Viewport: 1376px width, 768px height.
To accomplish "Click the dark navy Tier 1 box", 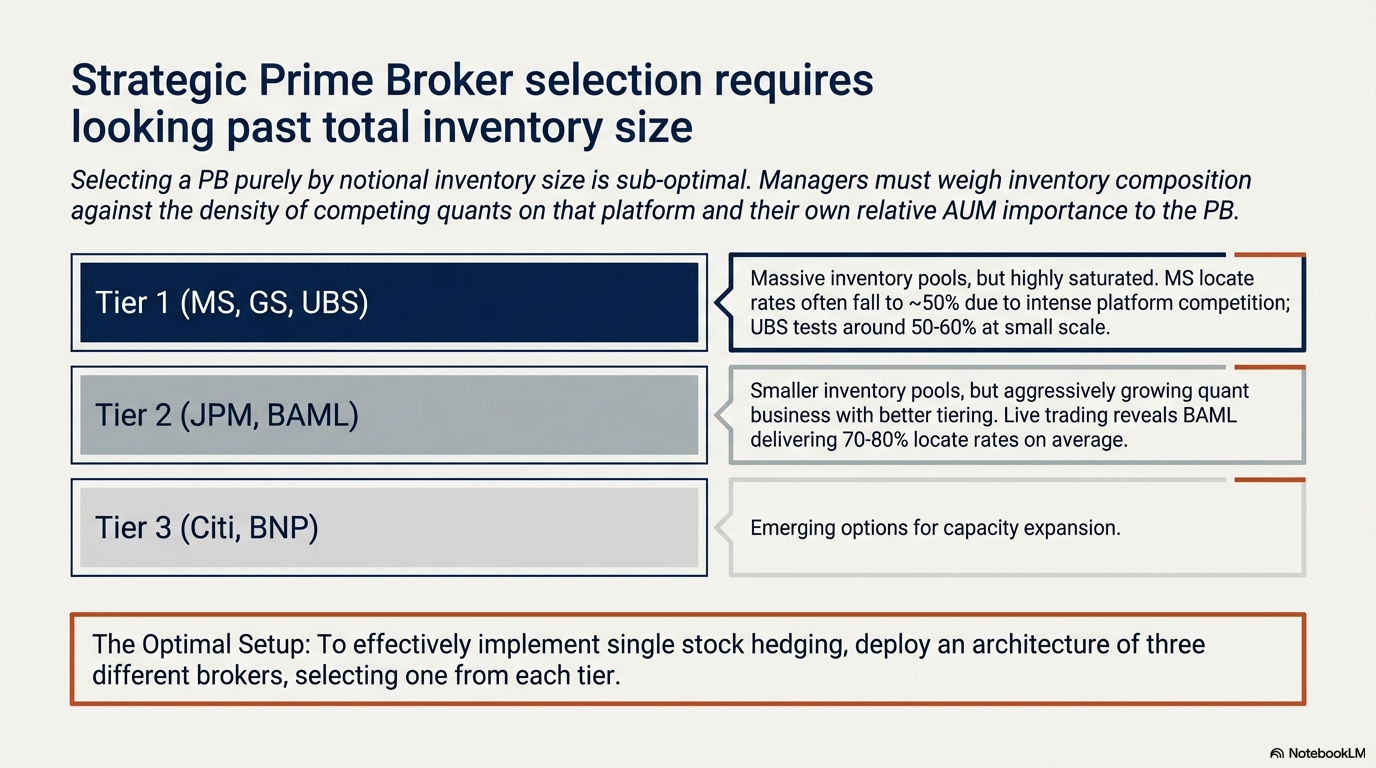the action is [x=389, y=302].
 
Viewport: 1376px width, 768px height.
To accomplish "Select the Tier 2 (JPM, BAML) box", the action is [x=389, y=415].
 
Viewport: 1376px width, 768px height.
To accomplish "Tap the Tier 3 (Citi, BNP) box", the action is [x=389, y=527].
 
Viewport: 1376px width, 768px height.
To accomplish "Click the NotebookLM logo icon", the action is [x=1277, y=753].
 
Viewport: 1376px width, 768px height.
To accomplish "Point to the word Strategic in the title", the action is [x=158, y=81].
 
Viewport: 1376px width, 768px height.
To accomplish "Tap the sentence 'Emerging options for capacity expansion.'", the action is [x=935, y=528].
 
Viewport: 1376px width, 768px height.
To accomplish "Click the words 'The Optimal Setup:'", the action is [x=201, y=645].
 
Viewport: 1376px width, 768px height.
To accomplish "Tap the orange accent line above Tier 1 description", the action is [x=1270, y=254].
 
